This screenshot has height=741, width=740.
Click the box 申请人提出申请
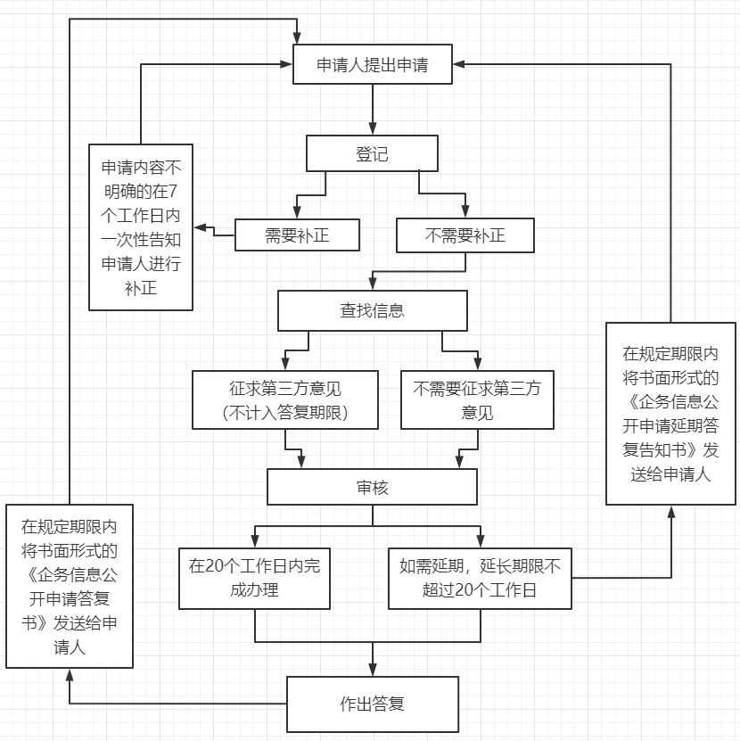tap(372, 65)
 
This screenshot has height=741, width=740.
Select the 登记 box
tap(372, 153)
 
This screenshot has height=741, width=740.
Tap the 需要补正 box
tap(297, 235)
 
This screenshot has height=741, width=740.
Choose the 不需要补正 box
tap(465, 235)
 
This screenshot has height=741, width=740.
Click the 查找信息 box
tap(372, 310)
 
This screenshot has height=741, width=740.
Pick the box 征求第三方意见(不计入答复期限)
tap(285, 400)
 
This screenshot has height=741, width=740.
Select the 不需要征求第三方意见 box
tap(477, 400)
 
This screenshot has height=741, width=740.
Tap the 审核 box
tap(372, 488)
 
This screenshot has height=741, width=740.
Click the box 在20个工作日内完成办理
tap(255, 578)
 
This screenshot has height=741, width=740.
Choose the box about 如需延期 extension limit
tap(480, 578)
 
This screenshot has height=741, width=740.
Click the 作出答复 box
tap(372, 704)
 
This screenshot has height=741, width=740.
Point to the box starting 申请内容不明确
tap(141, 227)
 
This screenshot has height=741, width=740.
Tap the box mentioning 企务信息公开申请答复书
tap(69, 586)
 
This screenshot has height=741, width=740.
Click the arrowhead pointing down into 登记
tap(372, 129)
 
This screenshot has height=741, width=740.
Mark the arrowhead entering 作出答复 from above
tap(372, 670)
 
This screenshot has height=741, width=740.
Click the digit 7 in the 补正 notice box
tap(173, 191)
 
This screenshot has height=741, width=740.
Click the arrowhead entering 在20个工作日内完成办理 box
tap(255, 540)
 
